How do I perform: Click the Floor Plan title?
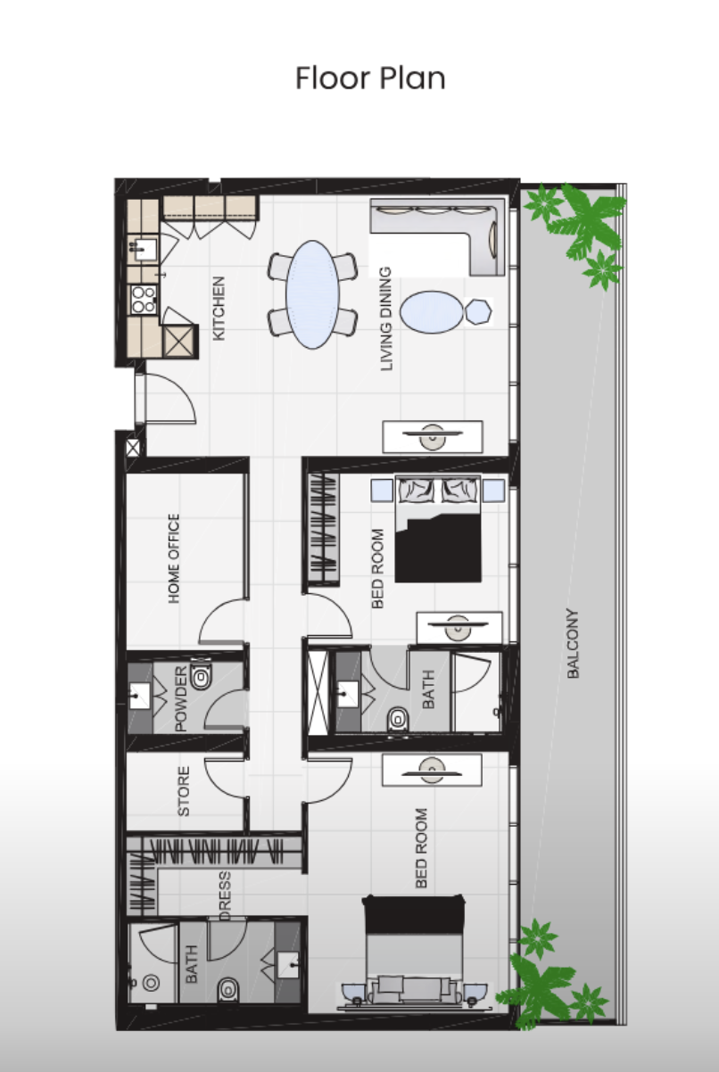click(x=370, y=78)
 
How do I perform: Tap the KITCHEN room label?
click(x=219, y=309)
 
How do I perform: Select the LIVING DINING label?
click(x=386, y=318)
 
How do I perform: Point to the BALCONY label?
click(x=573, y=643)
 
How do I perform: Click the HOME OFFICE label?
click(x=174, y=558)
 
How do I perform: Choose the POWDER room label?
click(x=181, y=698)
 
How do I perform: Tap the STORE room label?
click(x=184, y=791)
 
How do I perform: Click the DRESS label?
click(x=224, y=895)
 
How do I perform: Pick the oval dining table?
click(x=312, y=294)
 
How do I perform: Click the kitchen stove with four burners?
click(x=144, y=300)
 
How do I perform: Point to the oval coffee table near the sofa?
click(x=432, y=312)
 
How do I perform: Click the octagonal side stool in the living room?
click(x=479, y=311)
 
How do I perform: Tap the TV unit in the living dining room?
click(x=433, y=436)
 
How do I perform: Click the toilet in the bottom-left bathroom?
click(x=228, y=989)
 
